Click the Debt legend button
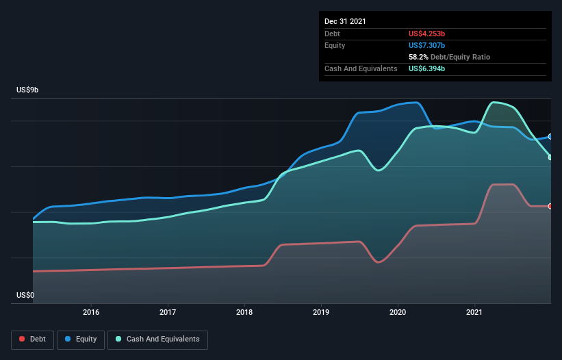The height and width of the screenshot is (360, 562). [x=32, y=339]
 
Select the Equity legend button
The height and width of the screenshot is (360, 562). [x=81, y=339]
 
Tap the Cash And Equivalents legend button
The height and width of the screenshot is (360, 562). [x=157, y=339]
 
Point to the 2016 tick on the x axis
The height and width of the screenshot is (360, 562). [x=91, y=312]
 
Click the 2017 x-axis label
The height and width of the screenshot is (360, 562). [x=168, y=312]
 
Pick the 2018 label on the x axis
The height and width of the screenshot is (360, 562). [x=244, y=312]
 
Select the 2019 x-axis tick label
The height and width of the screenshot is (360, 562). [x=321, y=312]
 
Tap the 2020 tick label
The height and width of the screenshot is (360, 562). [x=398, y=312]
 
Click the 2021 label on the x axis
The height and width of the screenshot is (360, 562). [x=474, y=312]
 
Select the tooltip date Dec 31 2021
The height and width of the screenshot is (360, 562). [x=345, y=21]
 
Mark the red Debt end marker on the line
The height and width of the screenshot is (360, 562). [x=550, y=206]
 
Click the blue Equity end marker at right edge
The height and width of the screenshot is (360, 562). [x=550, y=137]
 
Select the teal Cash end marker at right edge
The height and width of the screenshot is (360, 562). [x=550, y=157]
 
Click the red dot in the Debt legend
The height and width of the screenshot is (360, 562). [x=22, y=339]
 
